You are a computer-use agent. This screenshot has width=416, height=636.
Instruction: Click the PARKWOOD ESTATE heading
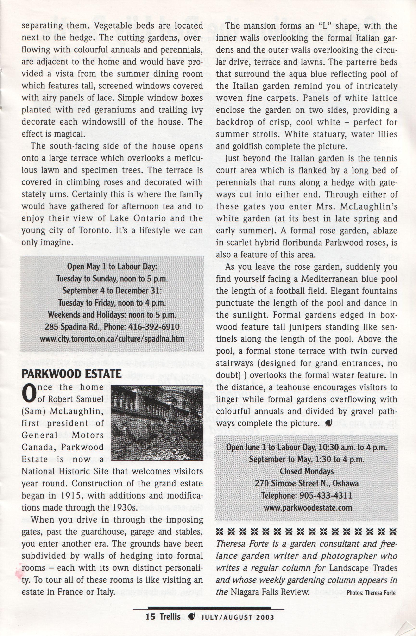pyautogui.click(x=71, y=374)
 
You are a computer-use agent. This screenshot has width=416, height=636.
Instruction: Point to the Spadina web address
pyautogui.click(x=112, y=339)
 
